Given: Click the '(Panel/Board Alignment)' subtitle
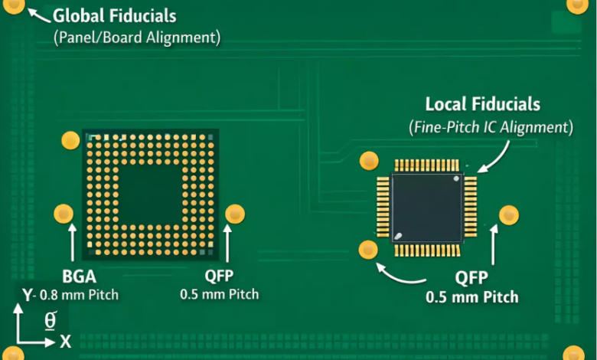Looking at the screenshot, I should (137, 37).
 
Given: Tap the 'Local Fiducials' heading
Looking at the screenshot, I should (482, 105).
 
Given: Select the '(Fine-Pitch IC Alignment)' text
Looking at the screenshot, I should (490, 127).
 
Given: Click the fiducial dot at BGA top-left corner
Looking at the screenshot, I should (70, 140).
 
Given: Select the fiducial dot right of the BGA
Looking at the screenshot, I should (234, 214).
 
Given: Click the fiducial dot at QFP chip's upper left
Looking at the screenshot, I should (369, 160).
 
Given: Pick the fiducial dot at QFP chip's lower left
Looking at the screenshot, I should (368, 249).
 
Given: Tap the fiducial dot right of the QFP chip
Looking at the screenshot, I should (509, 215).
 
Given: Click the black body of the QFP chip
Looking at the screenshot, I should (426, 207).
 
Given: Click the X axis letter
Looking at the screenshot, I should (66, 342).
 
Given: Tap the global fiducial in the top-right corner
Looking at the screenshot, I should (578, 5).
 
